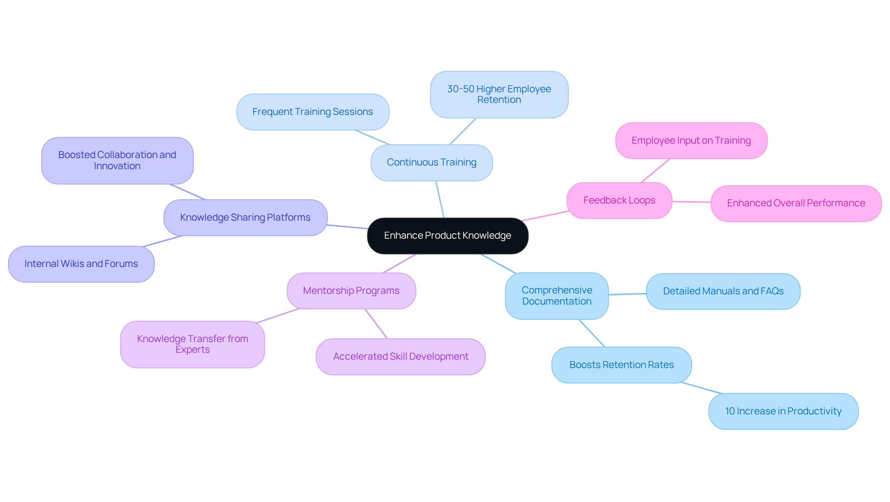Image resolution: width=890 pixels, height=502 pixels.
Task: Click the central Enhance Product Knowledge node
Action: [x=447, y=235]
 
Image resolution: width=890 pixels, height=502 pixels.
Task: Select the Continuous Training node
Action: [x=432, y=162]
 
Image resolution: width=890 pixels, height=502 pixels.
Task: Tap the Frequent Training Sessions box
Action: [x=312, y=112]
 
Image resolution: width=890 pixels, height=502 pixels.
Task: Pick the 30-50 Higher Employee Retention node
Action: [x=499, y=94]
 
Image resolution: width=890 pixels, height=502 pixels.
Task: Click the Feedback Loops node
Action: [x=619, y=200]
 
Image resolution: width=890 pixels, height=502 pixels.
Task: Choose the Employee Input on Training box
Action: [x=691, y=140]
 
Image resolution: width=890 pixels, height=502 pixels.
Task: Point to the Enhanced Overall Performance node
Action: [x=795, y=203]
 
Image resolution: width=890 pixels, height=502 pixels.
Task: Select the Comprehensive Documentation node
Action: [x=556, y=296]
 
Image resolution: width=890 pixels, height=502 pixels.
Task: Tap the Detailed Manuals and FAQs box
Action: [x=723, y=291]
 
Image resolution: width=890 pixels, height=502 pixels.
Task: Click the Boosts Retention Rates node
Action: [x=621, y=365]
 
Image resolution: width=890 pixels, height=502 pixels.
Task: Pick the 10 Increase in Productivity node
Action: [x=783, y=411]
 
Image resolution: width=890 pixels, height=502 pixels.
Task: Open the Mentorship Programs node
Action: [x=351, y=291]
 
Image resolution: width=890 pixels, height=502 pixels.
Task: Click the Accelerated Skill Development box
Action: [x=400, y=356]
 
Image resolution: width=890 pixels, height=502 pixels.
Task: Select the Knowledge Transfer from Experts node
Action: [x=192, y=344]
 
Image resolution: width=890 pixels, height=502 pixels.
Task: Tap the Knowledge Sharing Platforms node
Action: [x=245, y=217]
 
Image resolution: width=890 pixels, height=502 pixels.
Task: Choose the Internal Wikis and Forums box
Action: [x=81, y=264]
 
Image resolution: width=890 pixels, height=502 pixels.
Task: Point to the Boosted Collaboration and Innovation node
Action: [x=117, y=160]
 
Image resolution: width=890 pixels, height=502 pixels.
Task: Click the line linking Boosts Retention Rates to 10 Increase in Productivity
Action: [x=701, y=388]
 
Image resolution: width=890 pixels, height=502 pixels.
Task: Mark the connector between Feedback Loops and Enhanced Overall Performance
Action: [x=691, y=202]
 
